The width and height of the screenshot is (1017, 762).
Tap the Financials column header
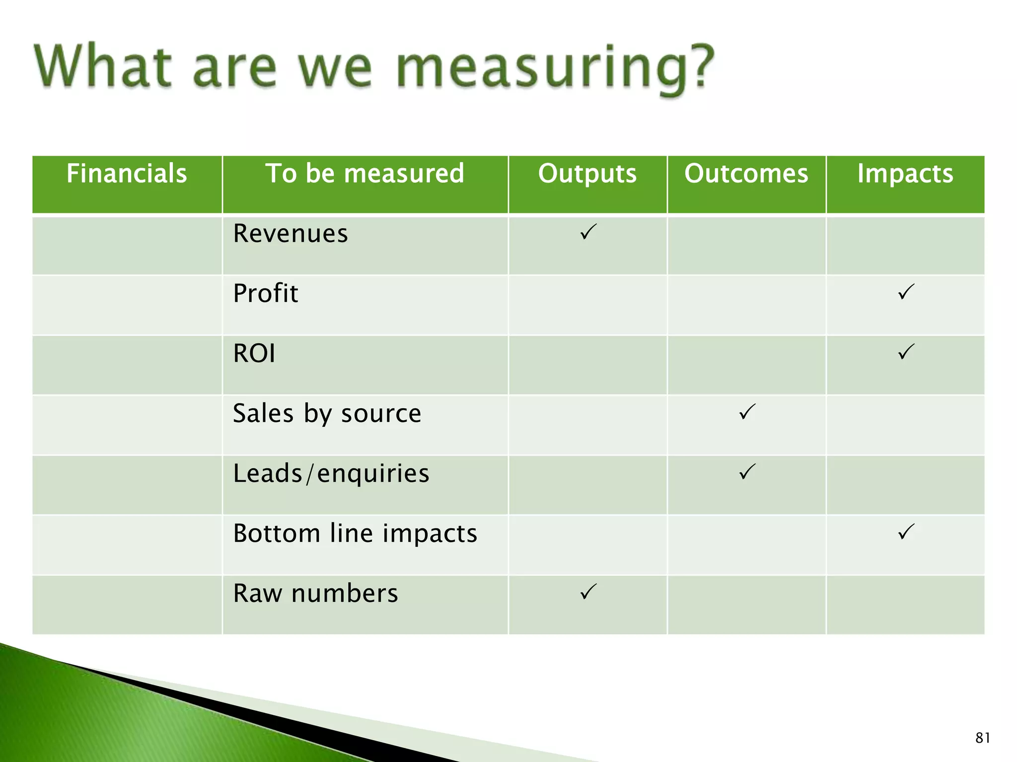coord(127,174)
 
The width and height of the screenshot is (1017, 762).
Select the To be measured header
coord(365,174)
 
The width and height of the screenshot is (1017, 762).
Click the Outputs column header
coord(587,174)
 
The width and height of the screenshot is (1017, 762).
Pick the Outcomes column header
coord(746,174)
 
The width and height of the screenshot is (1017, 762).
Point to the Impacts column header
coord(905,174)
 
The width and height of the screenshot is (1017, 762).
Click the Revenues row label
coord(291,233)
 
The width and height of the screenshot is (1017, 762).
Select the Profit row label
coord(266,293)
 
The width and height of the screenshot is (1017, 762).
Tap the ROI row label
coord(254,353)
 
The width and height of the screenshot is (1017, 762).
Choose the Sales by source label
coord(327,413)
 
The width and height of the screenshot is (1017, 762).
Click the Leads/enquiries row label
coord(331,473)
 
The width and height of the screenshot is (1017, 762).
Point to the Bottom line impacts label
coord(355,533)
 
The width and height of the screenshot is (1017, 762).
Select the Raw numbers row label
coord(315,593)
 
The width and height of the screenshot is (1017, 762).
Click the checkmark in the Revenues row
coord(588,232)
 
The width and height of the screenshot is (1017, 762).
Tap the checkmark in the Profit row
coord(906,292)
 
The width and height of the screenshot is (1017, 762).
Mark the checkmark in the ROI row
coord(906,352)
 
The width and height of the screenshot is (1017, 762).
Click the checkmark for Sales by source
coord(747,412)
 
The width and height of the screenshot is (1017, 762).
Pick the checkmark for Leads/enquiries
coord(747,471)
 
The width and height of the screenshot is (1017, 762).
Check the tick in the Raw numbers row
coord(588,591)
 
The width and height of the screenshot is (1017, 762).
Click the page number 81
coord(983,738)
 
